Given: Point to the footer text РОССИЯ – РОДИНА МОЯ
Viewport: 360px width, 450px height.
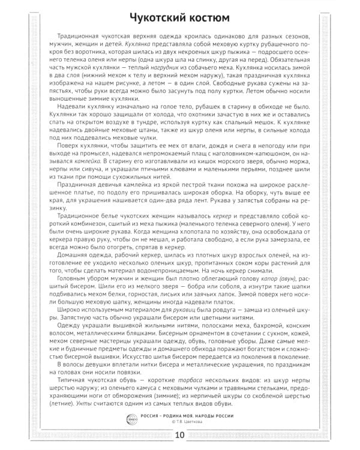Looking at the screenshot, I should click(170, 415).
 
